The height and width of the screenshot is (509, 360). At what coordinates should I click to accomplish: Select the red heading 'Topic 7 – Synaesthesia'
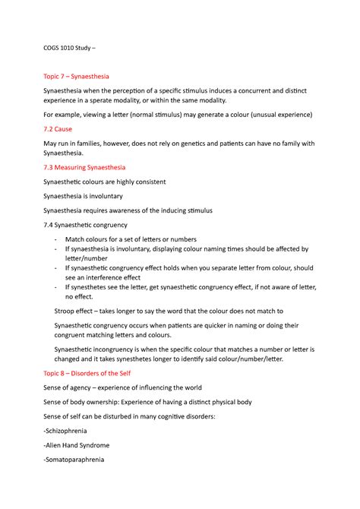tap(77, 77)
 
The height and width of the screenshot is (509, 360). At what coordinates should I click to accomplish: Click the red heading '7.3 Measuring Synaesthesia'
tap(84, 167)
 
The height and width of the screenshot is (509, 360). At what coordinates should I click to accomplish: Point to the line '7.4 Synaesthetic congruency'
tap(85, 225)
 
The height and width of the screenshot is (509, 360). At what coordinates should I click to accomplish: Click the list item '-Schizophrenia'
tap(68, 431)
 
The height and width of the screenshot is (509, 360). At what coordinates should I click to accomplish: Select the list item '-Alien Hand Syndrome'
tap(77, 445)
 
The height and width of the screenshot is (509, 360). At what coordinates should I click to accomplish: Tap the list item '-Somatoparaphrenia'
tap(74, 460)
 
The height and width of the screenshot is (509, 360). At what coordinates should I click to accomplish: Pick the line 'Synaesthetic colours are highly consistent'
tap(105, 182)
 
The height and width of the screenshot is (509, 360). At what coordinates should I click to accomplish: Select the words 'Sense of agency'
tap(72, 387)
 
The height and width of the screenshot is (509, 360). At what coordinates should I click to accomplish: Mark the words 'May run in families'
tap(76, 144)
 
